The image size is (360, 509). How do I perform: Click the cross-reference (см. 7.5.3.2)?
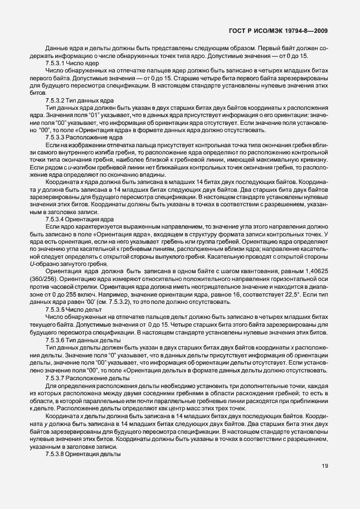pyautogui.click(x=112, y=301)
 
